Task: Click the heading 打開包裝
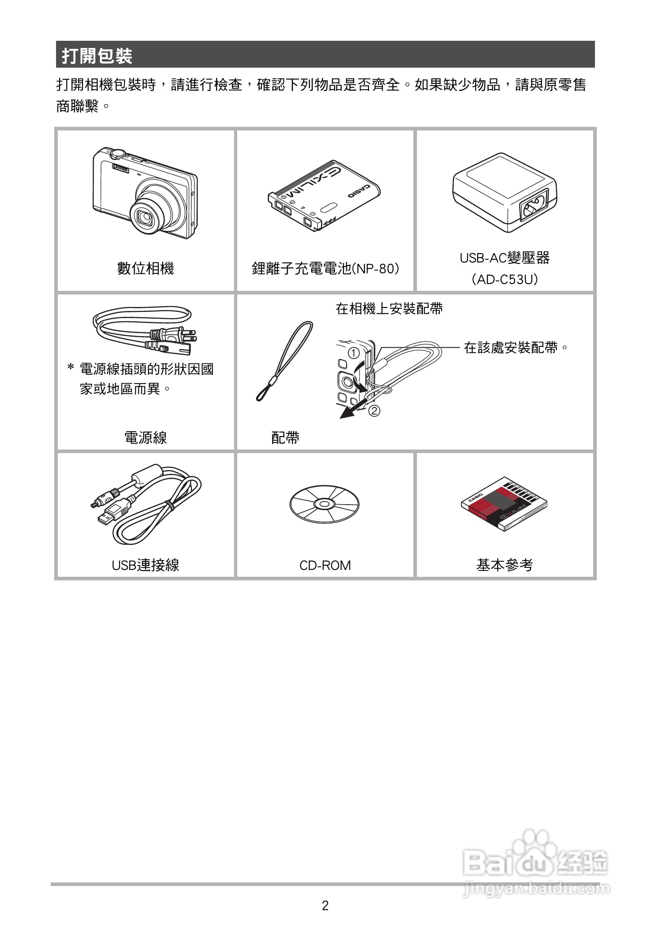[97, 56]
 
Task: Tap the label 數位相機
[145, 268]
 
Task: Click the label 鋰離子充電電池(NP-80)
[325, 268]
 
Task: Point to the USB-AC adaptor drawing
[504, 190]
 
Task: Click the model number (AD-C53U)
[504, 280]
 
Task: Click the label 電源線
[145, 437]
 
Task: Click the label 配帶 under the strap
[285, 437]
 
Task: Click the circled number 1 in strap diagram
[354, 353]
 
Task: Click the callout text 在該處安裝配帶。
[516, 347]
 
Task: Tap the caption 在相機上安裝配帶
[389, 308]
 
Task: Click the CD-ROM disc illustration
[325, 504]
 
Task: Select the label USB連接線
[145, 565]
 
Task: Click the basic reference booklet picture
[504, 503]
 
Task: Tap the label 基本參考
[504, 565]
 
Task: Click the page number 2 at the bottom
[325, 906]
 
